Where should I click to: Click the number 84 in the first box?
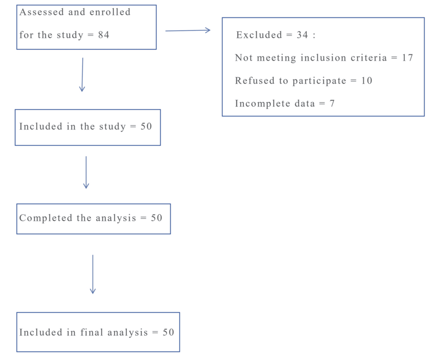pyautogui.click(x=104, y=35)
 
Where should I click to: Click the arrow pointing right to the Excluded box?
pyautogui.click(x=188, y=30)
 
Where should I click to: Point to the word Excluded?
pyautogui.click(x=259, y=35)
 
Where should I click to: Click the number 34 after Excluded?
pyautogui.click(x=303, y=35)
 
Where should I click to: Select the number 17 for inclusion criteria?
pyautogui.click(x=407, y=58)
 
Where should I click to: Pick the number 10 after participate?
pyautogui.click(x=367, y=81)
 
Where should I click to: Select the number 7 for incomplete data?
pyautogui.click(x=332, y=103)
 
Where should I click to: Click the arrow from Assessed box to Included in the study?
pyautogui.click(x=82, y=74)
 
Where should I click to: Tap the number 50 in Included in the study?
pyautogui.click(x=146, y=126)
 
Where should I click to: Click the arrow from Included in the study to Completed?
pyautogui.click(x=86, y=172)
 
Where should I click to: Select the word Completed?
pyautogui.click(x=46, y=218)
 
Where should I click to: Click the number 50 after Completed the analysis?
pyautogui.click(x=157, y=218)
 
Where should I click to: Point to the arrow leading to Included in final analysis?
pyautogui.click(x=93, y=274)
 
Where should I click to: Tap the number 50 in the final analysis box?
pyautogui.click(x=168, y=332)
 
